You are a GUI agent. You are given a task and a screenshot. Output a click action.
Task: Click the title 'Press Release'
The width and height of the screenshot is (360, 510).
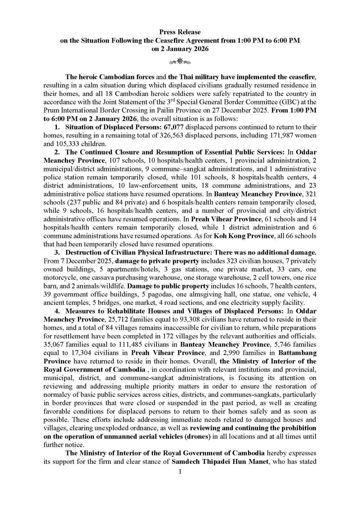click(x=180, y=32)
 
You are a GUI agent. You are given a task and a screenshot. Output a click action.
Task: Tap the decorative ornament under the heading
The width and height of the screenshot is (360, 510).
click(x=180, y=61)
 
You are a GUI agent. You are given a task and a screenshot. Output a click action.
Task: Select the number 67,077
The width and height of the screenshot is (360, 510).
click(x=174, y=127)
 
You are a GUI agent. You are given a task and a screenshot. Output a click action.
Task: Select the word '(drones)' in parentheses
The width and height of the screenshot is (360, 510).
click(x=194, y=437)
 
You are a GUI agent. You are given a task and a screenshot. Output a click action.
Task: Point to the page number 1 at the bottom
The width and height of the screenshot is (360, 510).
click(x=180, y=472)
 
